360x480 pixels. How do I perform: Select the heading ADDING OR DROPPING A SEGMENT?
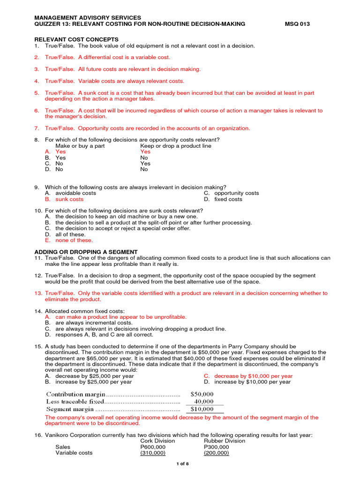point(86,252)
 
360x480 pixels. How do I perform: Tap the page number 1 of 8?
point(182,464)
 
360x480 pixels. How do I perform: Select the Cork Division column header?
point(157,441)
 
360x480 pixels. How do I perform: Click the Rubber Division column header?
point(225,441)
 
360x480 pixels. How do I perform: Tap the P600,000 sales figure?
point(153,447)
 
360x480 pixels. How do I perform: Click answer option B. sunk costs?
point(64,199)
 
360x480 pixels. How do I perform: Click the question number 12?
point(38,276)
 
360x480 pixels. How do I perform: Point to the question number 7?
point(37,128)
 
